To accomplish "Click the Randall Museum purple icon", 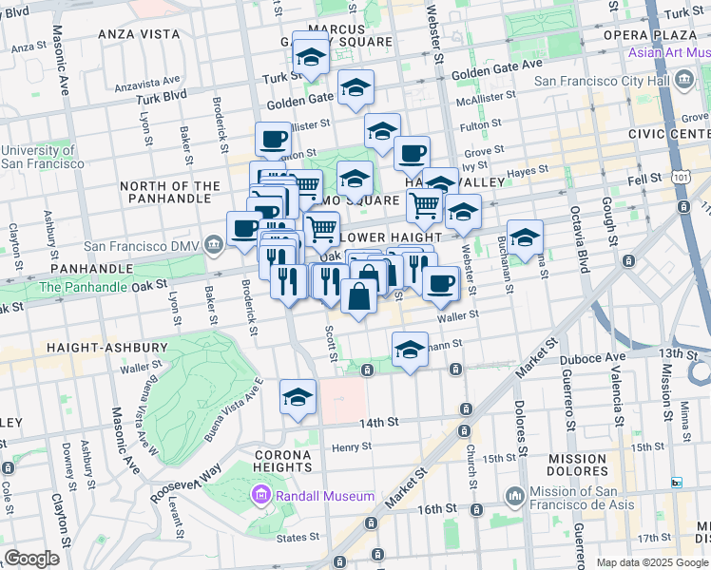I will [x=260, y=495].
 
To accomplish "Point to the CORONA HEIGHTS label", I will [x=283, y=461].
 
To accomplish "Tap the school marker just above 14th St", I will [x=298, y=397].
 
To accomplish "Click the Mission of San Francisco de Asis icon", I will [x=515, y=495].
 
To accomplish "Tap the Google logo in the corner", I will [x=31, y=559].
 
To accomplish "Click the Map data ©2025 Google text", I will [x=652, y=562].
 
